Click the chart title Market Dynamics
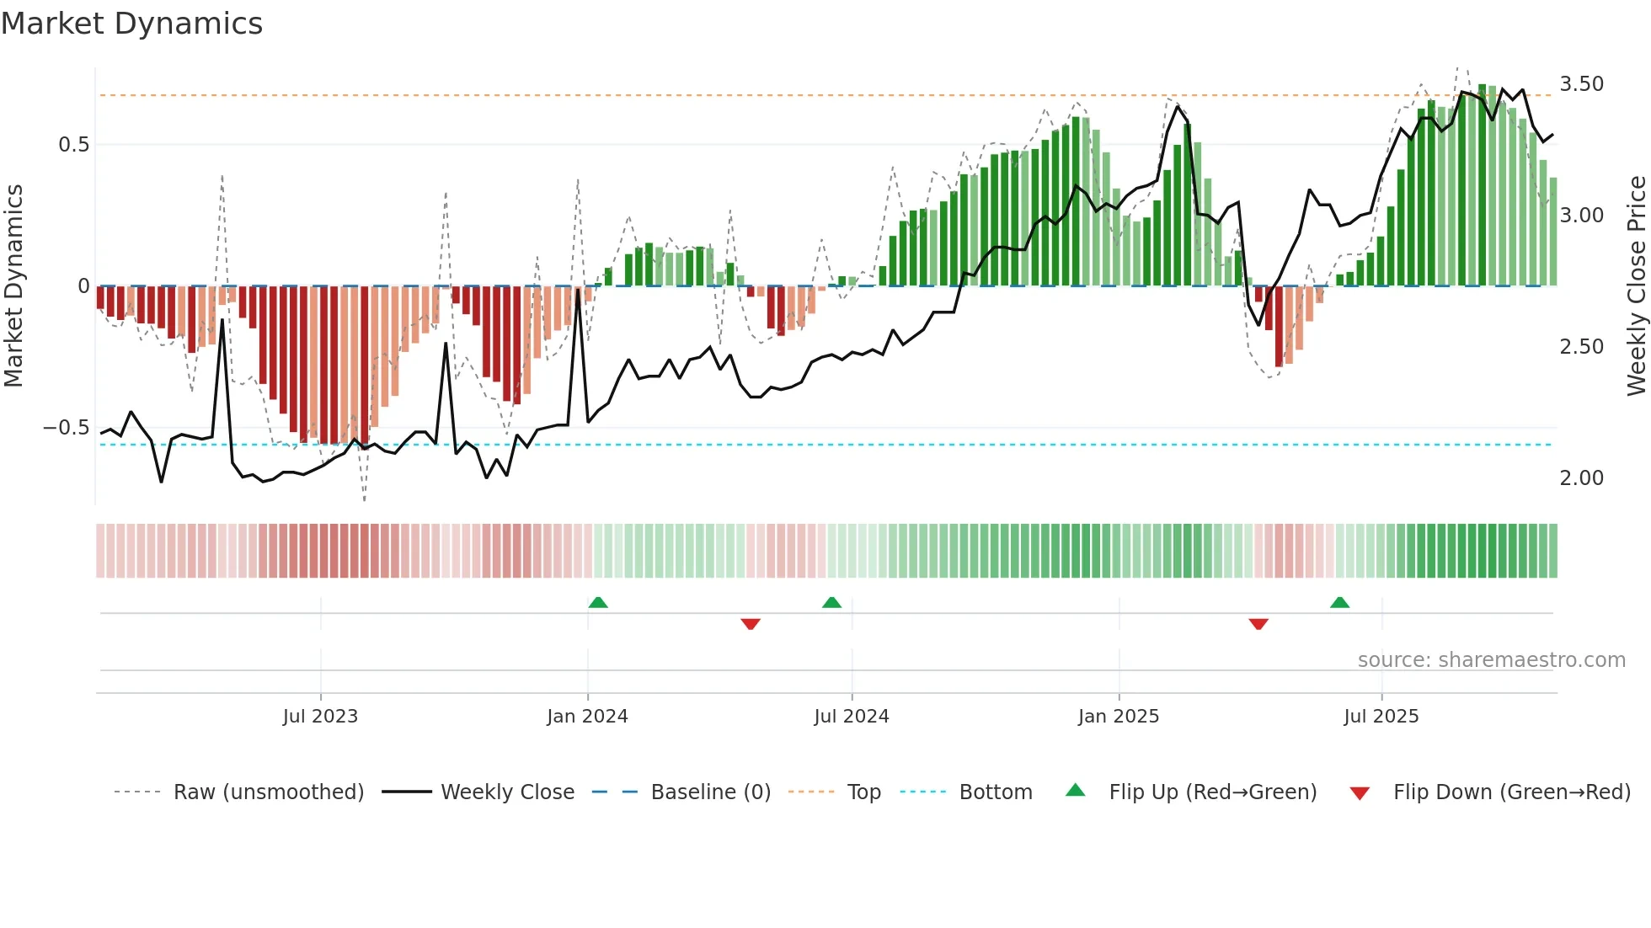click(131, 24)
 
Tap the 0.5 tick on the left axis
click(73, 145)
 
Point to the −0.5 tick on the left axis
click(67, 428)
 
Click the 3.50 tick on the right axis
click(1581, 84)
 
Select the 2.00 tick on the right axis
click(1581, 478)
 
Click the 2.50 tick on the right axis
click(1581, 347)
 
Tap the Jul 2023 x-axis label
click(320, 717)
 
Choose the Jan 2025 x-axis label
click(1119, 717)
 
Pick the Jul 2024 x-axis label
click(852, 717)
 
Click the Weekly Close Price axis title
click(1636, 286)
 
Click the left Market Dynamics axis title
click(13, 286)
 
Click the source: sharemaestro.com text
click(1491, 660)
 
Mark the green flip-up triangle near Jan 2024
click(598, 602)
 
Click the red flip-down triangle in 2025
click(1258, 624)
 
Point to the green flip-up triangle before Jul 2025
click(1339, 602)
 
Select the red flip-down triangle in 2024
click(751, 624)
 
